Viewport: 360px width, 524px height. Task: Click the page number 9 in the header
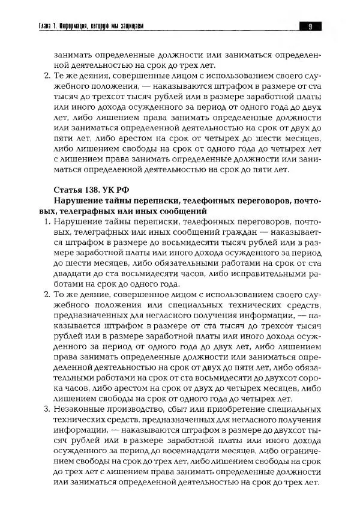[310, 26]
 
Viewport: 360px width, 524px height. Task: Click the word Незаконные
[79, 409]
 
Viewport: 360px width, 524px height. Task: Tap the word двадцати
[72, 274]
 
